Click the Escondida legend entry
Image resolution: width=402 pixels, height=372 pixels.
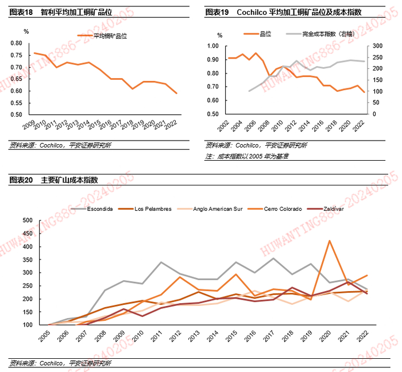click(100, 208)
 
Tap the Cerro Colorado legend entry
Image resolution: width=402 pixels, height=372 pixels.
click(282, 208)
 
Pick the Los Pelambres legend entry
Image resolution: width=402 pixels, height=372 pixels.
click(153, 208)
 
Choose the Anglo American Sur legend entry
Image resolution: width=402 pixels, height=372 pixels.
click(218, 208)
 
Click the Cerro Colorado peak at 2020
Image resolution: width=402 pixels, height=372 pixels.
click(330, 241)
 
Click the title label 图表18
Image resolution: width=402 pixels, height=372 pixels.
click(21, 12)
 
